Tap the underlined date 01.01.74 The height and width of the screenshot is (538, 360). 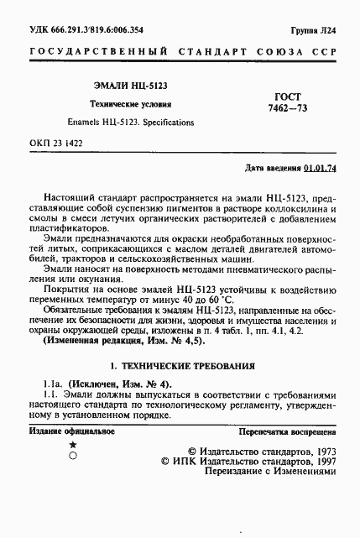pyautogui.click(x=321, y=168)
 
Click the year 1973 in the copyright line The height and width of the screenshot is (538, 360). pyautogui.click(x=320, y=451)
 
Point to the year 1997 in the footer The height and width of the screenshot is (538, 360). pyautogui.click(x=320, y=462)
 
